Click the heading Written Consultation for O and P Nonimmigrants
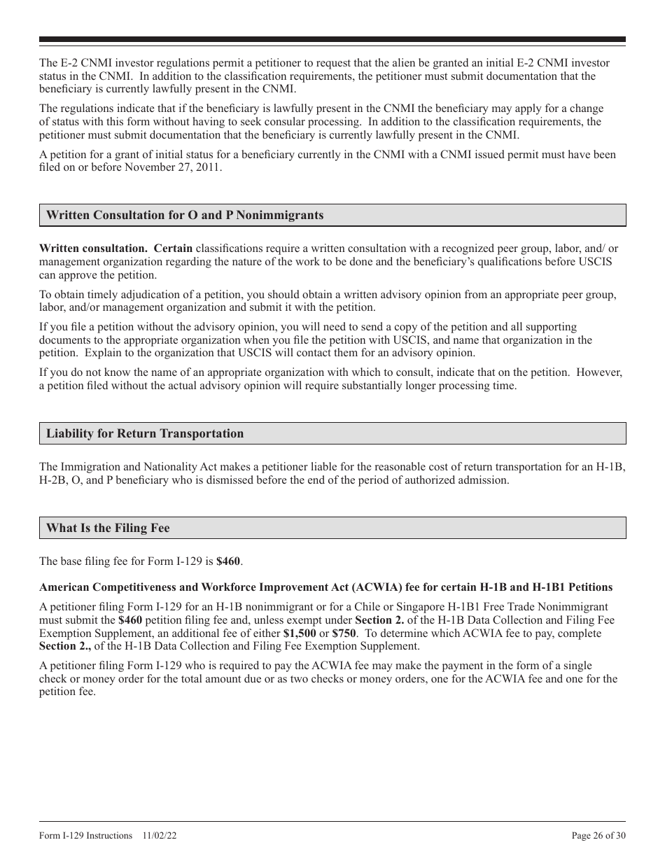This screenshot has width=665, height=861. point(185,216)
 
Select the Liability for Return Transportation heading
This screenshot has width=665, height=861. point(145,433)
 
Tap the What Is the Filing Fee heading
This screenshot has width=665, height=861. point(108,528)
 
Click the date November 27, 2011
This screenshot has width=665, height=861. point(179,168)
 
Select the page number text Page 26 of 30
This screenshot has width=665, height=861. point(598,835)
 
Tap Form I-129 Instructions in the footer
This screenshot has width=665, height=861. point(85,835)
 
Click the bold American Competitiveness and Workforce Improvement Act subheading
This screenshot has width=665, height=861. point(325,587)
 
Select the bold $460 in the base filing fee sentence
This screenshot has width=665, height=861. point(229,561)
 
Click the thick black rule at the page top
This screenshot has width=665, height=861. point(332,40)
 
